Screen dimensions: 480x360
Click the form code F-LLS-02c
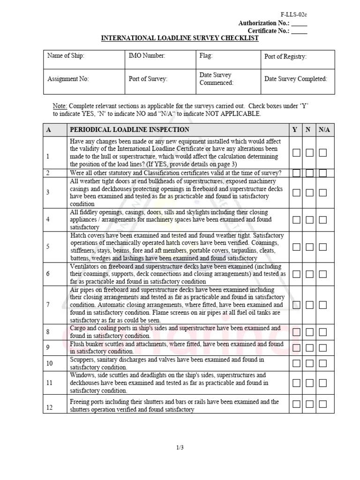(x=294, y=15)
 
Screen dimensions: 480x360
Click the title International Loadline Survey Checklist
(x=180, y=38)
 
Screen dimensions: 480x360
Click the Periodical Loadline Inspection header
(x=130, y=130)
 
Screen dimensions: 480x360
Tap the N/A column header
(x=324, y=130)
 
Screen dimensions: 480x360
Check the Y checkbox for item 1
(x=297, y=152)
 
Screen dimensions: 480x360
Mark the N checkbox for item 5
(x=309, y=247)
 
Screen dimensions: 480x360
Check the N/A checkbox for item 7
(x=322, y=305)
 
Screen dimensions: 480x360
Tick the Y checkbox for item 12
(x=297, y=404)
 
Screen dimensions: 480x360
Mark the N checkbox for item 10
(x=309, y=363)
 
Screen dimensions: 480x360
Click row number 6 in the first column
(x=48, y=274)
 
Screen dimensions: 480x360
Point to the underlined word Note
(x=60, y=106)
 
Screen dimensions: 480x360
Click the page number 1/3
(x=180, y=448)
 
